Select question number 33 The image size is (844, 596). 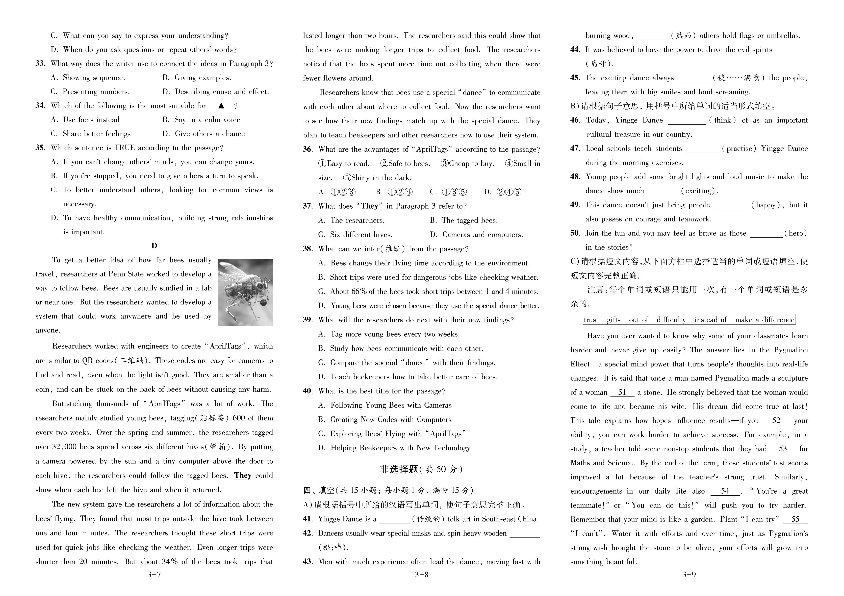[40, 64]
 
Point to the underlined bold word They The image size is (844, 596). [243, 475]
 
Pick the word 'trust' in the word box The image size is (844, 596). [591, 320]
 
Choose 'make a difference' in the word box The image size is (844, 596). [765, 320]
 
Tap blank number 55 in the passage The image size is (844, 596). [795, 519]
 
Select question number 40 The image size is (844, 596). [308, 391]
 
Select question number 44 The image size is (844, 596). [575, 50]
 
